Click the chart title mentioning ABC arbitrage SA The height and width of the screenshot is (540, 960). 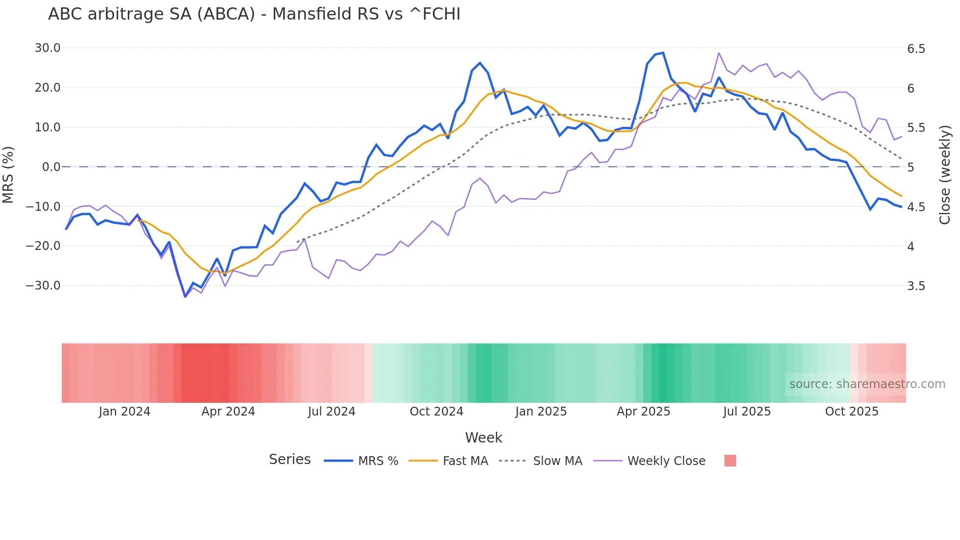pos(254,14)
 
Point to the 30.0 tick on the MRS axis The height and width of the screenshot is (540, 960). pos(48,48)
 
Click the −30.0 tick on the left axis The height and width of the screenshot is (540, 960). pos(43,286)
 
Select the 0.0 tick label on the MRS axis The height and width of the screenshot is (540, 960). pos(51,167)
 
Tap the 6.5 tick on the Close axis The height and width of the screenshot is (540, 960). pos(916,49)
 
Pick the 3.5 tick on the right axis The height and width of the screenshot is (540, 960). pos(916,286)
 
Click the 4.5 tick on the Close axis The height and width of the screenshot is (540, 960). pos(916,207)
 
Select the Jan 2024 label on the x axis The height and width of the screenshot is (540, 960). pos(124,412)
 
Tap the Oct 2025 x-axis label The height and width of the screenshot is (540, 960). pos(851,412)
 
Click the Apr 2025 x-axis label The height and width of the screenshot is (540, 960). pos(643,412)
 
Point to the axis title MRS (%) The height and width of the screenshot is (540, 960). pos(8,174)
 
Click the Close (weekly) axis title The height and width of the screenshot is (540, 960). pos(945,174)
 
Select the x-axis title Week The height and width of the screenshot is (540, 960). pos(483,438)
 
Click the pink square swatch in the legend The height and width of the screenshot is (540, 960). pos(730,461)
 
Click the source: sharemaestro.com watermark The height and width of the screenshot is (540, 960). pos(867,384)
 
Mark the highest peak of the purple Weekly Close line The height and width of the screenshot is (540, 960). pos(719,53)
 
